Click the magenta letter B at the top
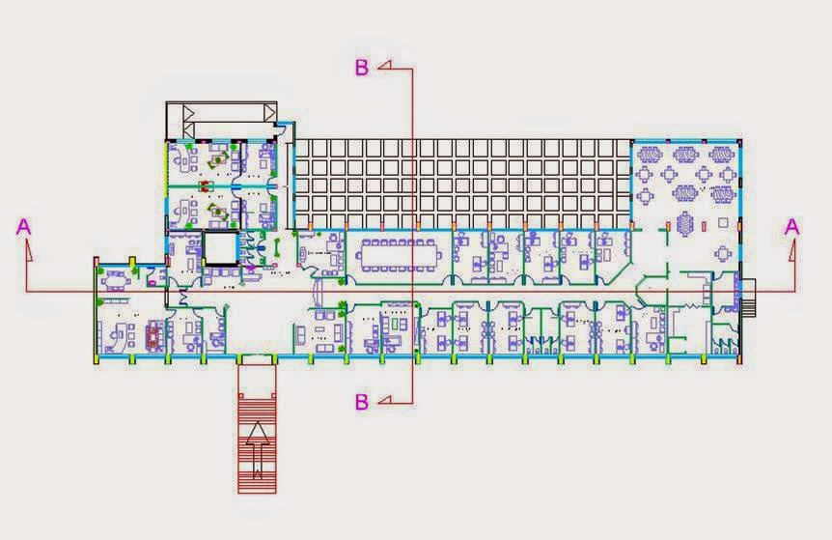tap(361, 68)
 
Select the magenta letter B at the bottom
tap(361, 402)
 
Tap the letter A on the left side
tap(24, 227)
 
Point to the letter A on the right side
tap(791, 227)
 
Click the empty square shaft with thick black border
tap(220, 248)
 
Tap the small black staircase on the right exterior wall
tap(748, 298)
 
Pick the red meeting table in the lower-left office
tap(154, 336)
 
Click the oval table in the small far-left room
tap(117, 279)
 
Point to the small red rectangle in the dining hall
tap(705, 226)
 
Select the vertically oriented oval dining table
tap(685, 224)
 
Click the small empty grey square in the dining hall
tap(723, 222)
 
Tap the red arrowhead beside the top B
tap(385, 66)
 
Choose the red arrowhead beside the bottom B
tap(385, 399)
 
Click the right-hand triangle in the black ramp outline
tap(270, 112)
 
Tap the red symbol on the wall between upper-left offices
tap(206, 186)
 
